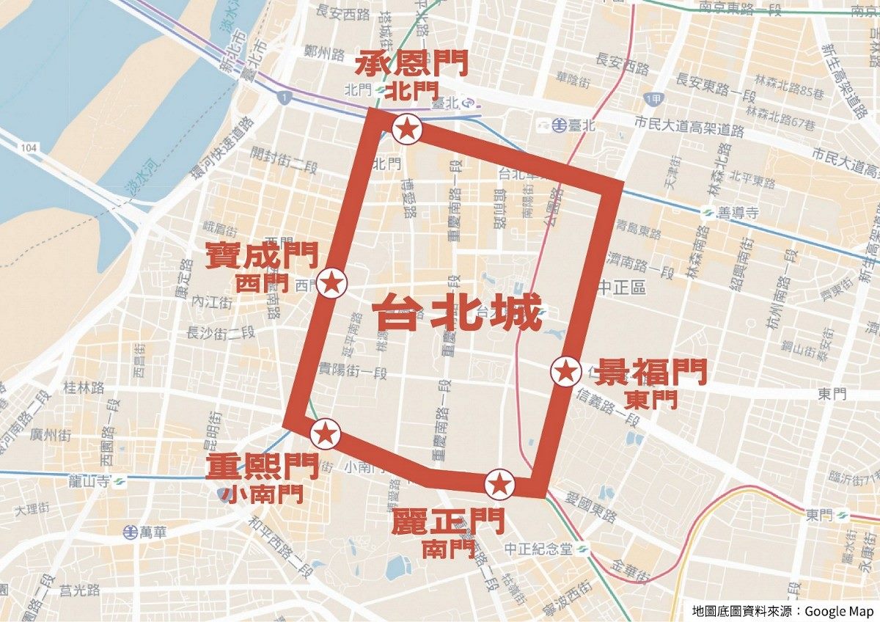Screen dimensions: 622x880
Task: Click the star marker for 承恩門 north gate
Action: pyautogui.click(x=407, y=130)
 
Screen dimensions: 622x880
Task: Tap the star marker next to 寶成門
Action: pyautogui.click(x=331, y=282)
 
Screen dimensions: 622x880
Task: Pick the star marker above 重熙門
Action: pyautogui.click(x=326, y=433)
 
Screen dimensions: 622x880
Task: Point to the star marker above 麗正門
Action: pyautogui.click(x=499, y=484)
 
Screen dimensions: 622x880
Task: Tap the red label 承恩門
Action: pyautogui.click(x=411, y=65)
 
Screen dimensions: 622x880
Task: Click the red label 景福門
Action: pyautogui.click(x=651, y=373)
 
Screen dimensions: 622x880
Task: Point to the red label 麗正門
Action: pyautogui.click(x=447, y=522)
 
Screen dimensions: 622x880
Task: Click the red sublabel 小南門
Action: pyautogui.click(x=261, y=494)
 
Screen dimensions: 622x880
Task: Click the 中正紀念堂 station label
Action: pyautogui.click(x=539, y=549)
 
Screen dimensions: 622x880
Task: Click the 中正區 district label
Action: pyautogui.click(x=622, y=288)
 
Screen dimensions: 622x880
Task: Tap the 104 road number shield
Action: pyautogui.click(x=29, y=147)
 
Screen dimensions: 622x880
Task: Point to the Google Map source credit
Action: pyautogui.click(x=782, y=610)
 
